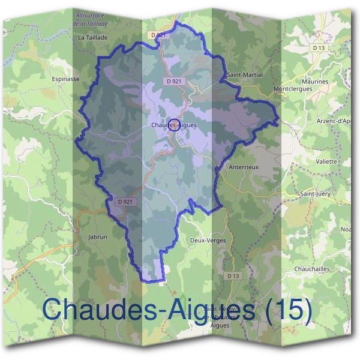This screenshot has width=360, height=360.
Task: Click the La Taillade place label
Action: coord(92,37)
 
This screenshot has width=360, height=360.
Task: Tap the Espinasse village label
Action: coord(66,79)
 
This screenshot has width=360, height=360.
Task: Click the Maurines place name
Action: coord(316,81)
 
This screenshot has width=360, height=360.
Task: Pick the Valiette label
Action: coord(326,161)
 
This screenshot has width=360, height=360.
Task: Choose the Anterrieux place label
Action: coord(244,167)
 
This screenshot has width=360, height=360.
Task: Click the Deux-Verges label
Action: coord(208,240)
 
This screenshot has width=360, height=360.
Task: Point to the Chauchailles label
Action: coord(313,269)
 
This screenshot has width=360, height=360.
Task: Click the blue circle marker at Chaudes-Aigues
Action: coord(175,125)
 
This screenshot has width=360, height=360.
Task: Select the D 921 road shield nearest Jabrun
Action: coord(125,202)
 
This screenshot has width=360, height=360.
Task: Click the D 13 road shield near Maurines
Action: coord(318,47)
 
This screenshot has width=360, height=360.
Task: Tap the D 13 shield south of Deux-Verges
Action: coord(233,275)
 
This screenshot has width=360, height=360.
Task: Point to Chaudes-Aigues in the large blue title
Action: coord(149,310)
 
